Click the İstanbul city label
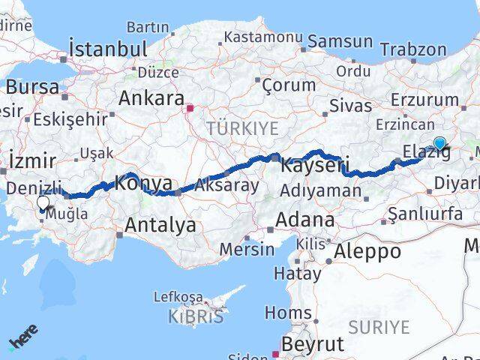click(x=108, y=49)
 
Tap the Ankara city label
click(x=151, y=99)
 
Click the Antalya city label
click(x=160, y=224)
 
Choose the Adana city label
click(x=304, y=220)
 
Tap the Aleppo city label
click(x=369, y=250)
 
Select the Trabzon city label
click(x=412, y=50)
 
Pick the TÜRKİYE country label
click(x=242, y=128)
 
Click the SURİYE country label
click(x=379, y=327)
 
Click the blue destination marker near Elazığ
click(x=439, y=143)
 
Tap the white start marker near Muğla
click(x=43, y=202)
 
